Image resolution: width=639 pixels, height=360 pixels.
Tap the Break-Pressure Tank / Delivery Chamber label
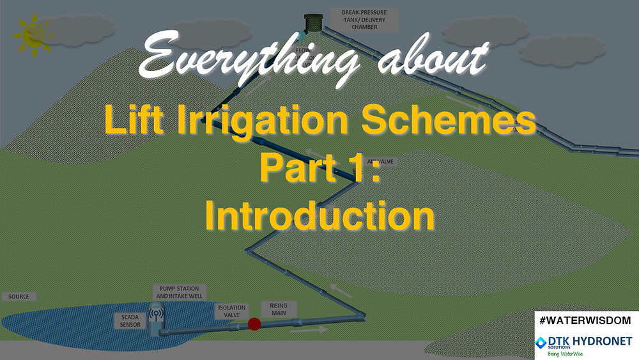point(365,20)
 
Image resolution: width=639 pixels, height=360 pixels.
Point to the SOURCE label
point(20,297)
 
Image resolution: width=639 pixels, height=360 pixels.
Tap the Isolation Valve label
point(231,311)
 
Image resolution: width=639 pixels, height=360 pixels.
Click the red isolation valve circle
point(254,324)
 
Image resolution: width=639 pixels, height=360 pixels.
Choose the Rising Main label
point(279,309)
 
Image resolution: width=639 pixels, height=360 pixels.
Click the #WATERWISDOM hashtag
point(586,319)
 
